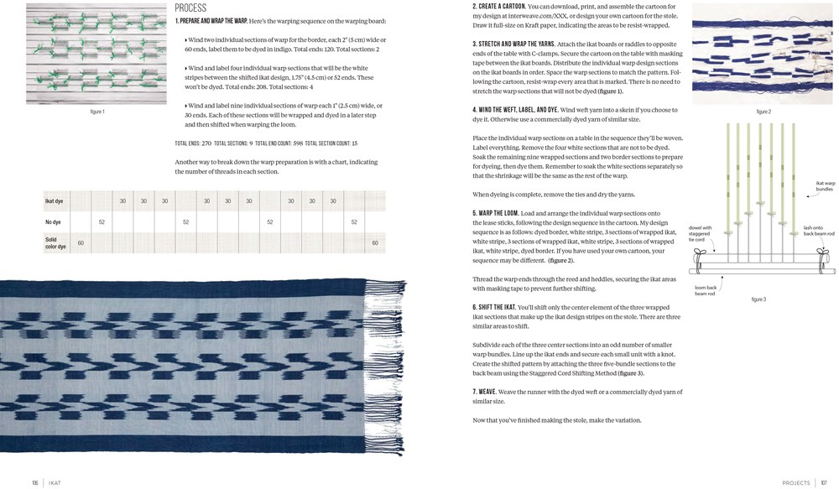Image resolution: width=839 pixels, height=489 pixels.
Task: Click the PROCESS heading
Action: (x=190, y=8)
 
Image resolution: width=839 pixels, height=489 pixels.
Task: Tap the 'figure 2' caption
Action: (x=763, y=112)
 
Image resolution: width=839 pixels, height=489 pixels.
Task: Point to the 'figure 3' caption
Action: (x=758, y=299)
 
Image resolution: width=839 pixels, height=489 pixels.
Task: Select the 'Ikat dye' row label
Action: (x=55, y=201)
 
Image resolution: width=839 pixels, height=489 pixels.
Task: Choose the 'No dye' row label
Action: (x=53, y=222)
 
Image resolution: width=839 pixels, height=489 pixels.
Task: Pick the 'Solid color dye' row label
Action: (x=57, y=242)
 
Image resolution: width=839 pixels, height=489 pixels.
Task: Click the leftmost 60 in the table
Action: (x=81, y=243)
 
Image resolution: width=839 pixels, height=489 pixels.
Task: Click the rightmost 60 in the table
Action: (x=375, y=243)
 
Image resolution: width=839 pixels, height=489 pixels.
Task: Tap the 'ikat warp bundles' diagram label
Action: (x=825, y=186)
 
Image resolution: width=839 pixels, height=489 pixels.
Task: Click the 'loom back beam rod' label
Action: (x=706, y=290)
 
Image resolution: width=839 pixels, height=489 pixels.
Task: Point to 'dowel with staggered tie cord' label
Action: (x=701, y=233)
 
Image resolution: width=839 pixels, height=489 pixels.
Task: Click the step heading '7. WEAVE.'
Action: (x=485, y=392)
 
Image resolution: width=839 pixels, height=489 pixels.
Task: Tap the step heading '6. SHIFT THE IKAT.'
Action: (x=495, y=308)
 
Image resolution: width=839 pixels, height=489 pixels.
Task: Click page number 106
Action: (x=35, y=482)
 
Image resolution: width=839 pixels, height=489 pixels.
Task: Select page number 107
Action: (x=824, y=482)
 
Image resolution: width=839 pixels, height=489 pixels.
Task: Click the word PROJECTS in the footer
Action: (x=795, y=482)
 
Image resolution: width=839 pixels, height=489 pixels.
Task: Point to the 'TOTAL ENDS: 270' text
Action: (x=193, y=143)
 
